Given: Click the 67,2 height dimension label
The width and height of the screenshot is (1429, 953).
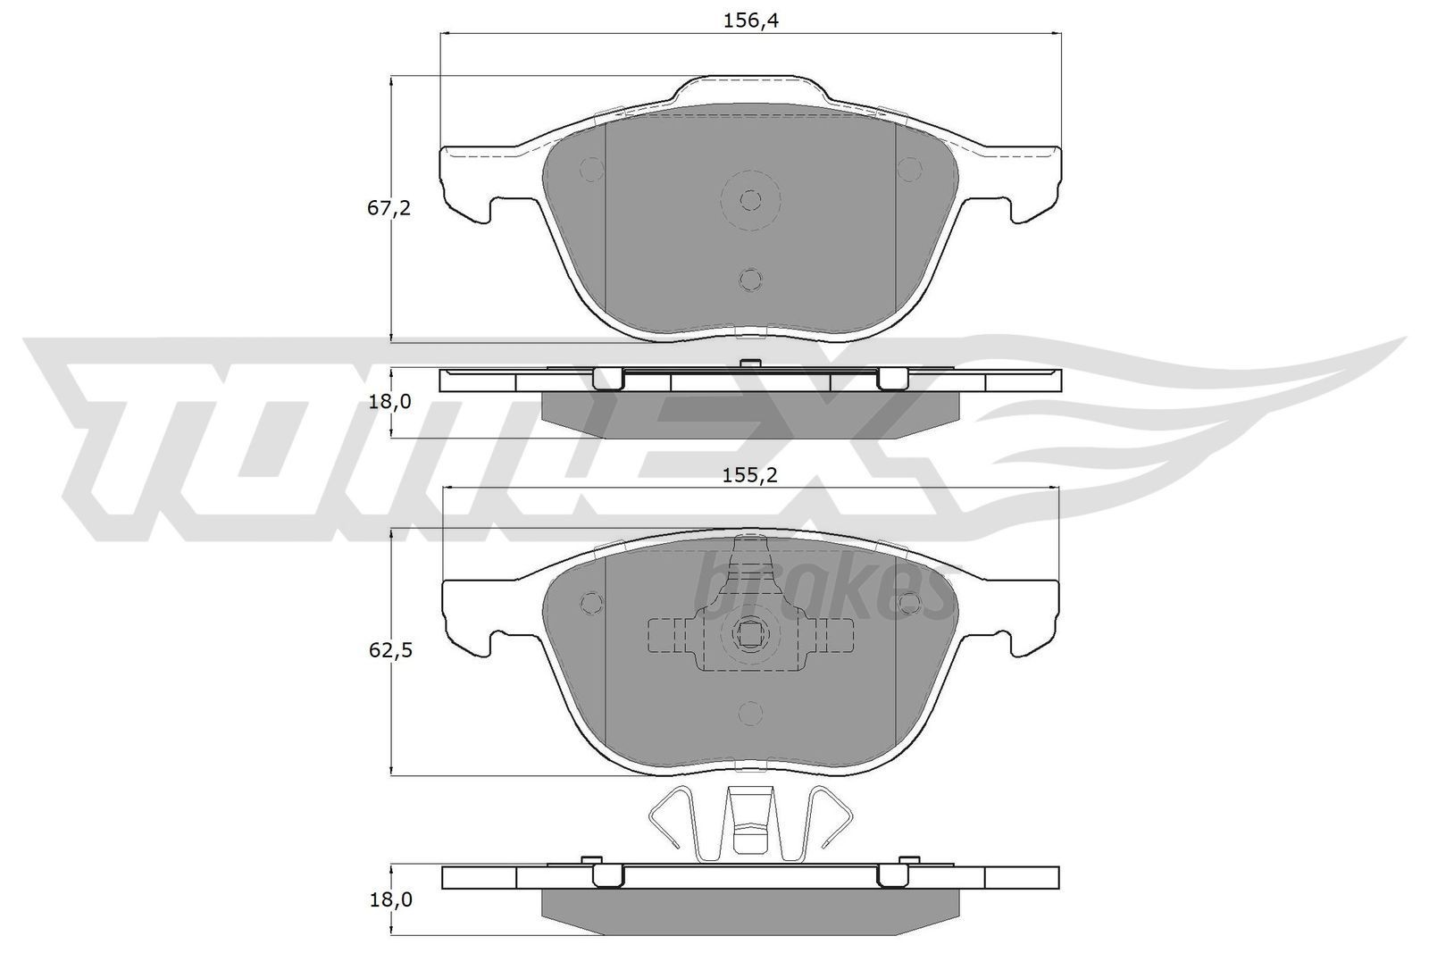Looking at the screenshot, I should [x=389, y=209].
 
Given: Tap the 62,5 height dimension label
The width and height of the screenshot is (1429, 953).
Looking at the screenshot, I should [x=389, y=651].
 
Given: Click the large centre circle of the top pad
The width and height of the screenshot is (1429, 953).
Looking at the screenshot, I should [x=751, y=199].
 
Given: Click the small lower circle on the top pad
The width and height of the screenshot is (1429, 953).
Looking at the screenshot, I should [x=751, y=280].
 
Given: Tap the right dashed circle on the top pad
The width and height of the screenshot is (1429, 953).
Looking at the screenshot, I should [x=909, y=169].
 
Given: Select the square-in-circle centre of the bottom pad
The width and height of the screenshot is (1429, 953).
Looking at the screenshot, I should [x=750, y=634].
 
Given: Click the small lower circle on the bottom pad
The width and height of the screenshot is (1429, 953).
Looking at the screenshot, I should [x=751, y=713].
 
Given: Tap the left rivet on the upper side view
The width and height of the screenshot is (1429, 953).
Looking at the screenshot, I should [x=607, y=379].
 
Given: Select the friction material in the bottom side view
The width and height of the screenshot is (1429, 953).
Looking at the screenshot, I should [x=750, y=908].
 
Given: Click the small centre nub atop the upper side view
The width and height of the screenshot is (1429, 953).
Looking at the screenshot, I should [x=750, y=363].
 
